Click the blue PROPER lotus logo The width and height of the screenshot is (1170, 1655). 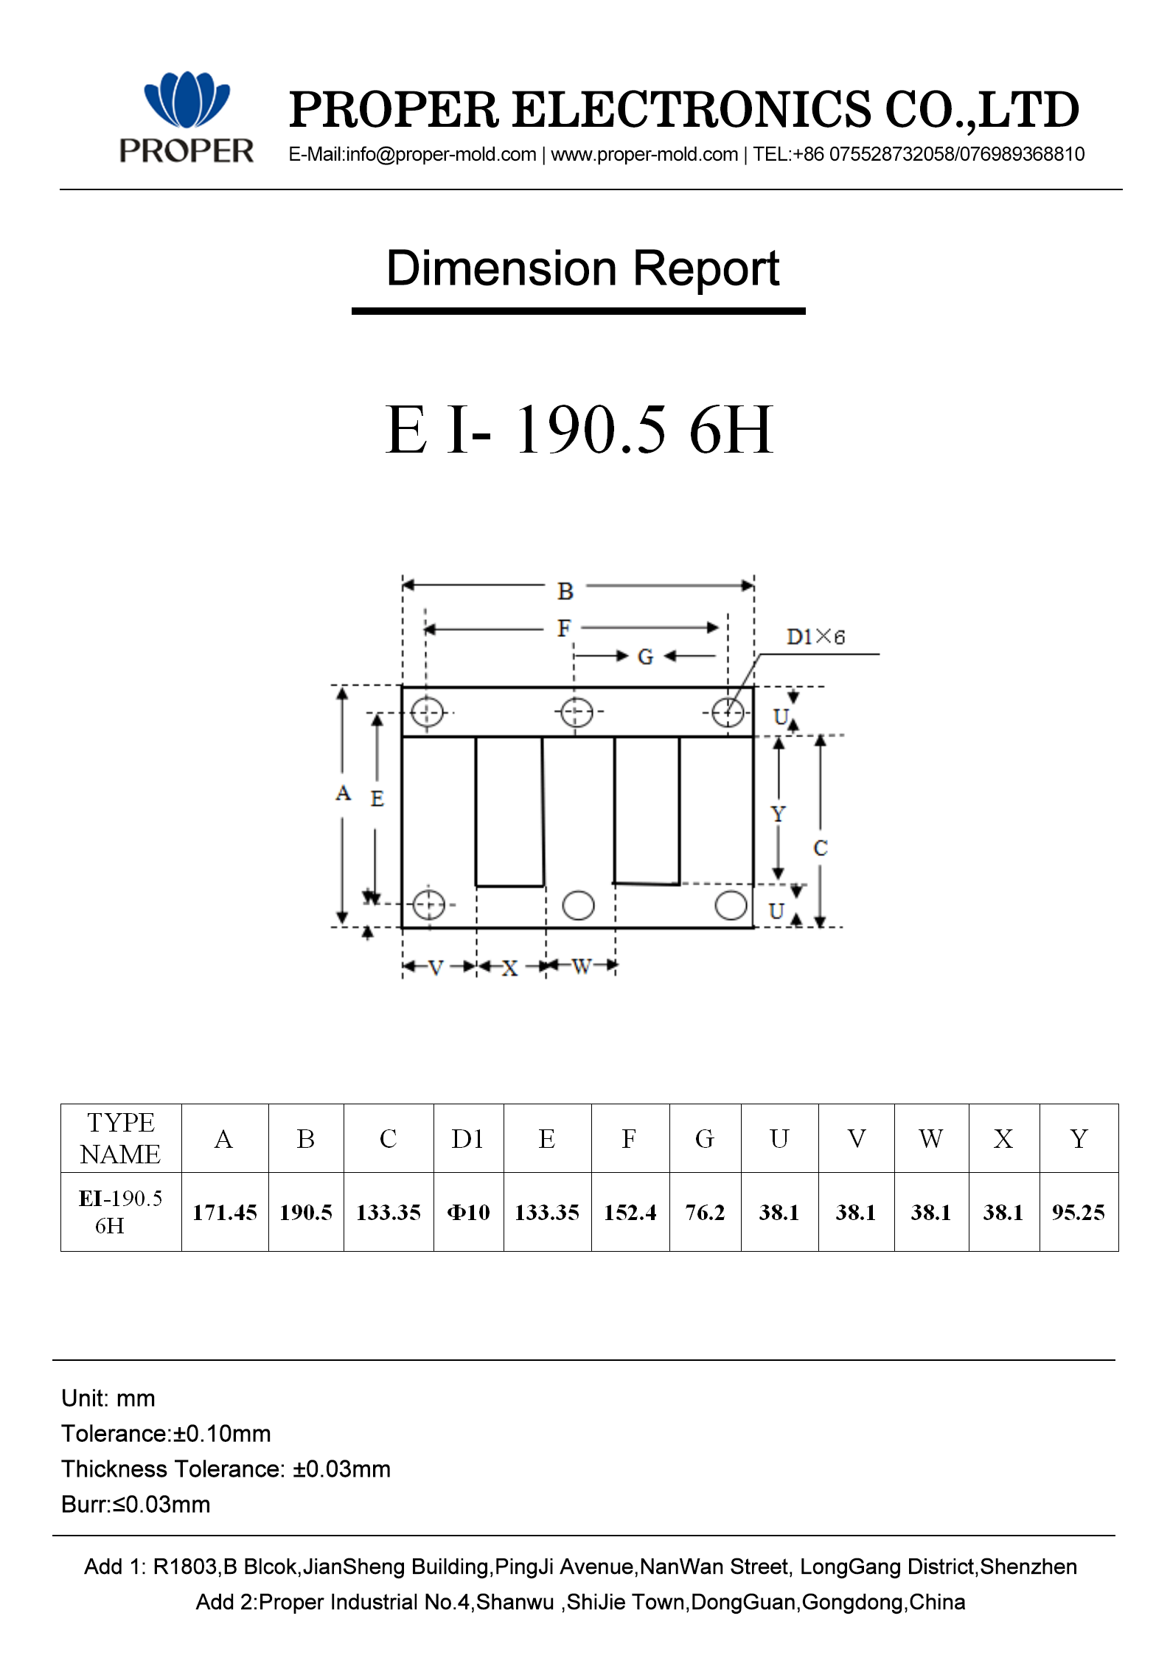(187, 100)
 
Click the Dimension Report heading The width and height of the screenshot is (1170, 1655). (582, 269)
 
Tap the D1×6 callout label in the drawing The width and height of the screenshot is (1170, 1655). (815, 637)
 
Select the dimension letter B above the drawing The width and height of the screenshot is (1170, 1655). (565, 591)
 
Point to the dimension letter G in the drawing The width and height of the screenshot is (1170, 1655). (645, 657)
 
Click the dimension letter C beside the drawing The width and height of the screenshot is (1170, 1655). (821, 849)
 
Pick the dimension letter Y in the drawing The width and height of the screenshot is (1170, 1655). (779, 815)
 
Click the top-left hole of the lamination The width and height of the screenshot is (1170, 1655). (427, 712)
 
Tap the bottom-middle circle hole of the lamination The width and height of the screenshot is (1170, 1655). (578, 905)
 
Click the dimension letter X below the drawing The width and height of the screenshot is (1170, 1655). (509, 968)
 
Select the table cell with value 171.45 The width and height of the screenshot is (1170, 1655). (225, 1213)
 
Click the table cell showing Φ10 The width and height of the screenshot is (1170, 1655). (468, 1213)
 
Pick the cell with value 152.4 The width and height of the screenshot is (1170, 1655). (630, 1213)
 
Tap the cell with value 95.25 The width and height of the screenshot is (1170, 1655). (1078, 1213)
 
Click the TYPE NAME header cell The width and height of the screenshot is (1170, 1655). (121, 1138)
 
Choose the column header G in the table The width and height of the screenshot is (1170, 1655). (705, 1139)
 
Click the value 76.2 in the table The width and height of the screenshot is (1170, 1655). (705, 1213)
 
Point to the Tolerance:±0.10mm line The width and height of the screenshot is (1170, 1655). (167, 1434)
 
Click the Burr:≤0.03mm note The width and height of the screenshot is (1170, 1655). (136, 1505)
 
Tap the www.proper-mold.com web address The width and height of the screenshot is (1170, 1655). (644, 155)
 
